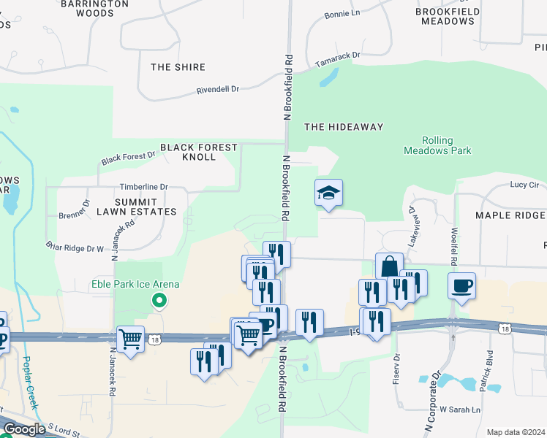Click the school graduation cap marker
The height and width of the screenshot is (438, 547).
(x=328, y=193)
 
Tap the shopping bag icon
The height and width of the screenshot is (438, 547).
(x=389, y=266)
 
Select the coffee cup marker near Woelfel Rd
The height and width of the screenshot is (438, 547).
(x=461, y=286)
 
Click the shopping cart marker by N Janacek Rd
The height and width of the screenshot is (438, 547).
(x=130, y=339)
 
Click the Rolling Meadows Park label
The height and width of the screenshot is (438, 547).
(x=437, y=145)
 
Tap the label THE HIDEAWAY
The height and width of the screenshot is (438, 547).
(x=343, y=127)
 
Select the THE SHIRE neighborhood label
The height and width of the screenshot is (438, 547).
(x=173, y=67)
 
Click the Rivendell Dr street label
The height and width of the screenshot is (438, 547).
(x=218, y=90)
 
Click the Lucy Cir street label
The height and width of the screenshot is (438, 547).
(x=524, y=185)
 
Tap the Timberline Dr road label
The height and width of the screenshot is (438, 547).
(x=144, y=187)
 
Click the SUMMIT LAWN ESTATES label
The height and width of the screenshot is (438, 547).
(x=136, y=206)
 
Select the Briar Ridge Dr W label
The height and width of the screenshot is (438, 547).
(x=75, y=248)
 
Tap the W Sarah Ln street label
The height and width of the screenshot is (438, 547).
(x=459, y=410)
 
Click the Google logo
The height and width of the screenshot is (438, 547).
(x=24, y=429)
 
